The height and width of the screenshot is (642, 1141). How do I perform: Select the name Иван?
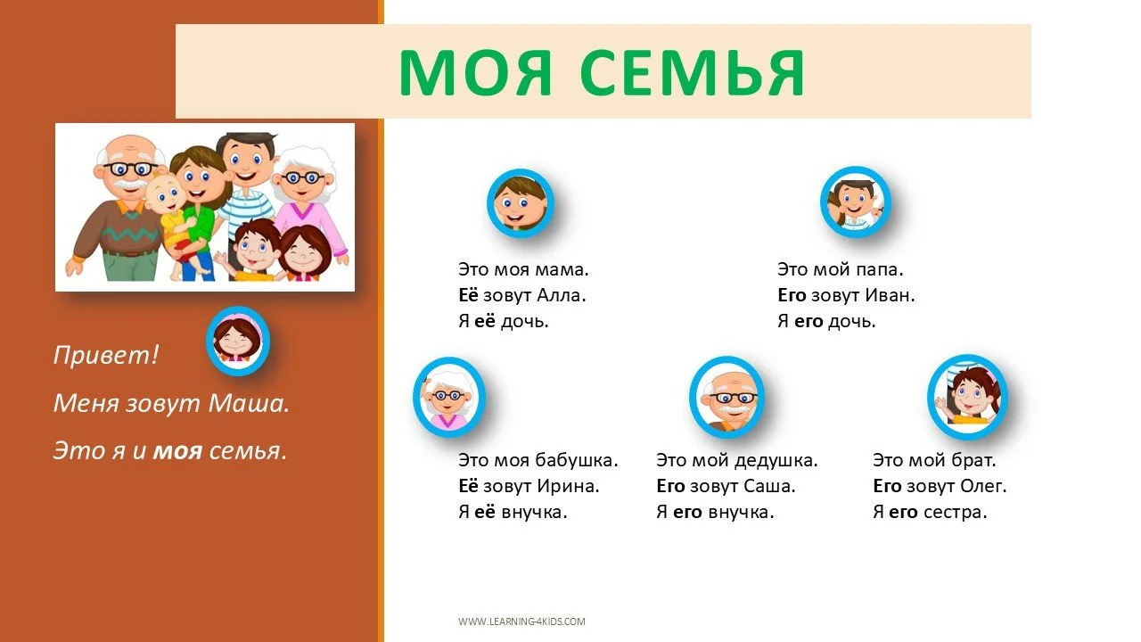click(x=891, y=295)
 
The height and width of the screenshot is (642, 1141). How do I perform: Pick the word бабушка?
click(x=576, y=461)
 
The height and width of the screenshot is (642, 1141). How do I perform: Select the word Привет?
click(x=106, y=355)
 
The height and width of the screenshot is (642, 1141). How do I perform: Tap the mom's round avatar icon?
click(x=521, y=203)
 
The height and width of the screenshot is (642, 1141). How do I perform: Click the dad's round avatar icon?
click(x=855, y=202)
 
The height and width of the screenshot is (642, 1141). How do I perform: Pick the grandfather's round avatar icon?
click(x=726, y=396)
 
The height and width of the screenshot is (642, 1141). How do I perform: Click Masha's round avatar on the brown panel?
click(x=238, y=340)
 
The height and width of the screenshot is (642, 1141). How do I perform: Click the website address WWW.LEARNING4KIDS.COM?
click(x=521, y=621)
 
